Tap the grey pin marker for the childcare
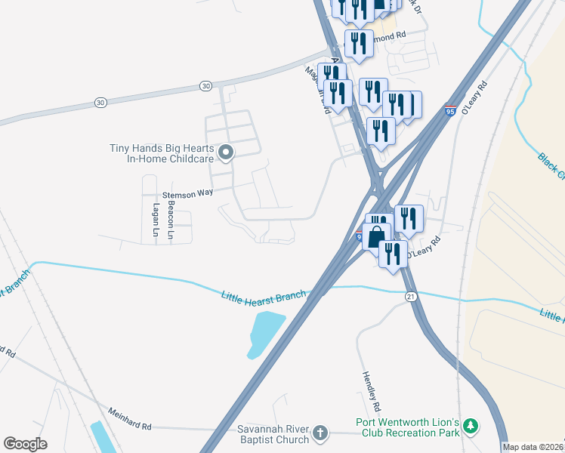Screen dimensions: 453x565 pos(225,154)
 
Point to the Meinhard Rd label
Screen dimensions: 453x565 pos(129,426)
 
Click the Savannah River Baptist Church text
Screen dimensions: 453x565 pos(273,433)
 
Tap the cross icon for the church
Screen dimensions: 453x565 pos(320,433)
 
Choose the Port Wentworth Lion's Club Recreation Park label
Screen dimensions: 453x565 pos(409,427)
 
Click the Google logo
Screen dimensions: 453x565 pos(25,444)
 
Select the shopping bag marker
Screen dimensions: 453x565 pos(376,238)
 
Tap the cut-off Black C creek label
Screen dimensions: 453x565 pos(551,166)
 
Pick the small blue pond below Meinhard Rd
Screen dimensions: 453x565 pos(102,438)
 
